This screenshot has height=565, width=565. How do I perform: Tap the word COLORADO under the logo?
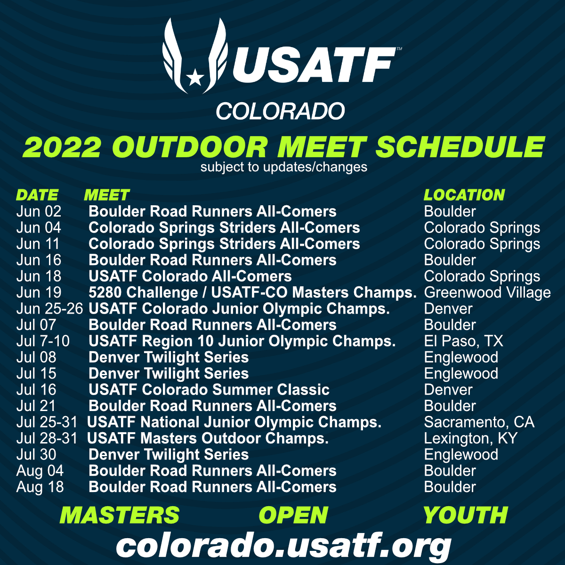[280, 112]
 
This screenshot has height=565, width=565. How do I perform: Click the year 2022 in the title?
[62, 147]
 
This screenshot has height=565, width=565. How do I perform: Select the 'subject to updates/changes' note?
[283, 167]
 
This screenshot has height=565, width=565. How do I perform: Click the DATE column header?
[37, 195]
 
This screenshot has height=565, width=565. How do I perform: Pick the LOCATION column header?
[464, 195]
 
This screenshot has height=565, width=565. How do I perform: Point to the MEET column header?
[106, 195]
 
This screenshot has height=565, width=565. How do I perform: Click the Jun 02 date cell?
[39, 211]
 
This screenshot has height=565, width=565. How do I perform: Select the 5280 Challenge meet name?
[252, 292]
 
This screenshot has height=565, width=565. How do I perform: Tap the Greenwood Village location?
[487, 292]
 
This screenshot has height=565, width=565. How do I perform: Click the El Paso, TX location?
[463, 341]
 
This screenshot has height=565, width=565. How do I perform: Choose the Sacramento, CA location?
[479, 422]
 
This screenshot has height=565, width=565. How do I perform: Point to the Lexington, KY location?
[470, 438]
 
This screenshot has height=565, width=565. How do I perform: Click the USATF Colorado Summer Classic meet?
[209, 390]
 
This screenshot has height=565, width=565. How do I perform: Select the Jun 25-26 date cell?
[49, 309]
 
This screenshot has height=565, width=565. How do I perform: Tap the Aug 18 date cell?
[40, 487]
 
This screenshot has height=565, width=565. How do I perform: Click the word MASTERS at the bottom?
[120, 515]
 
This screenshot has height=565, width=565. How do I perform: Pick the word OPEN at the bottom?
[293, 515]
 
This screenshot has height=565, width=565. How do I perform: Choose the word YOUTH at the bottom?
[465, 515]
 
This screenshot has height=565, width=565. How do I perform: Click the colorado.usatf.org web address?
[283, 546]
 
